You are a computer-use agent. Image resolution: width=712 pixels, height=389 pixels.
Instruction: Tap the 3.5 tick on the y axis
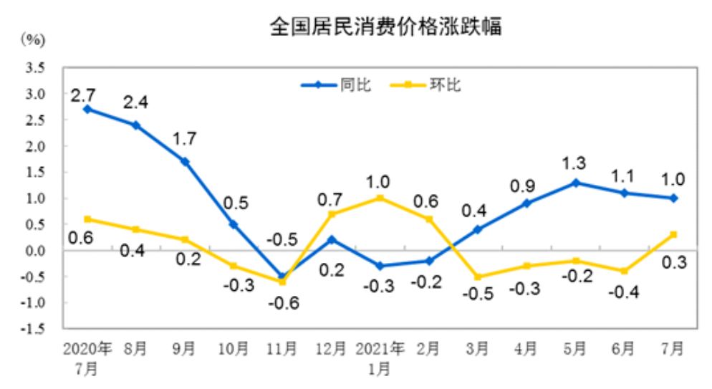click(35, 68)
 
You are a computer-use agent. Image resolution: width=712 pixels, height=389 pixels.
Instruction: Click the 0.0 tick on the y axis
click(35, 251)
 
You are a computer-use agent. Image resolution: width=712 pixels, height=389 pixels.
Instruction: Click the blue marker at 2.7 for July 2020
click(87, 110)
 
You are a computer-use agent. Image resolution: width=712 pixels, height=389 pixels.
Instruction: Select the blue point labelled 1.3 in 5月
click(575, 183)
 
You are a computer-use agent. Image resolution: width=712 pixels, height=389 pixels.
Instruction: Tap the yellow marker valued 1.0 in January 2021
click(380, 198)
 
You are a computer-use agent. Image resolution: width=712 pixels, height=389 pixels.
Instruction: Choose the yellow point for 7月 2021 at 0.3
click(673, 234)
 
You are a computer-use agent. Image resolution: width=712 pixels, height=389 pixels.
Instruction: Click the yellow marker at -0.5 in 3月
click(478, 277)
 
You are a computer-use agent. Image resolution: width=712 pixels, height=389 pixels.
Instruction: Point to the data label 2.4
click(135, 102)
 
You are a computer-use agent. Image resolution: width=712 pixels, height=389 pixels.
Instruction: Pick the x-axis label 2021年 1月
click(380, 358)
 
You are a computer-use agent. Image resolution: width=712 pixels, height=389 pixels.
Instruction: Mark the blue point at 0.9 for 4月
click(526, 203)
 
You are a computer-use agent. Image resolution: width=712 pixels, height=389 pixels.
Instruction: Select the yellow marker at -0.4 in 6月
click(624, 271)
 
